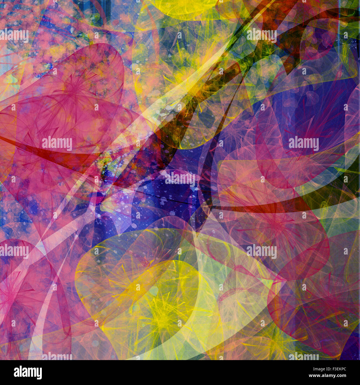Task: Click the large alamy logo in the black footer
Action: point(28,373)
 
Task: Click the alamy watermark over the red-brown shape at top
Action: point(261,35)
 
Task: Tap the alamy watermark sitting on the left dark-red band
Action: point(57,143)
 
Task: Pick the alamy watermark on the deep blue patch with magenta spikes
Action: point(304,143)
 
